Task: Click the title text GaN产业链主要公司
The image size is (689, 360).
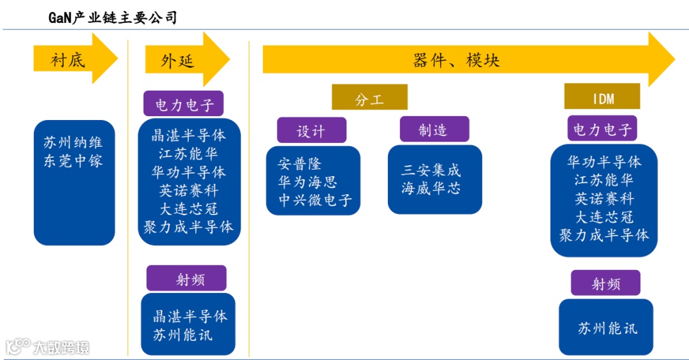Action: [113, 17]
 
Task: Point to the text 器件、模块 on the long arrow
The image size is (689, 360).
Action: [456, 60]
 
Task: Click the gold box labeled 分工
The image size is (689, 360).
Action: [369, 99]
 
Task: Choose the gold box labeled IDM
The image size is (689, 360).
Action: [602, 98]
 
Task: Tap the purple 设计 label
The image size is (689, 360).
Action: [311, 131]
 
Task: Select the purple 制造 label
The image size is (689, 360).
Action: [434, 130]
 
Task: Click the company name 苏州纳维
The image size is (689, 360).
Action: [74, 142]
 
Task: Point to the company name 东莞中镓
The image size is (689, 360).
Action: [74, 160]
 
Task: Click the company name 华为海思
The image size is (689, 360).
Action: [307, 182]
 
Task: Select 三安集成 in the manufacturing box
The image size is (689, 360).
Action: [431, 170]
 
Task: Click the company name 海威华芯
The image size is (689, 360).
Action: [431, 188]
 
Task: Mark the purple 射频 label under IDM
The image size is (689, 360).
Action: [605, 283]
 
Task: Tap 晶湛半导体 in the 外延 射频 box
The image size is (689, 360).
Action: [190, 316]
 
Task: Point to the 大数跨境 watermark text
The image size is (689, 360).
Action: [61, 348]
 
